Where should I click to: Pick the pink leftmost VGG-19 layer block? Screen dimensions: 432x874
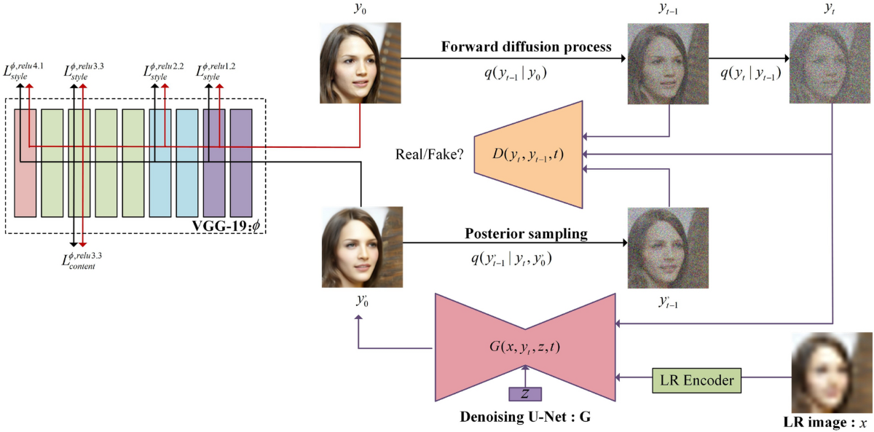(25, 162)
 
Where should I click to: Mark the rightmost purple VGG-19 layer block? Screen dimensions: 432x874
(241, 162)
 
